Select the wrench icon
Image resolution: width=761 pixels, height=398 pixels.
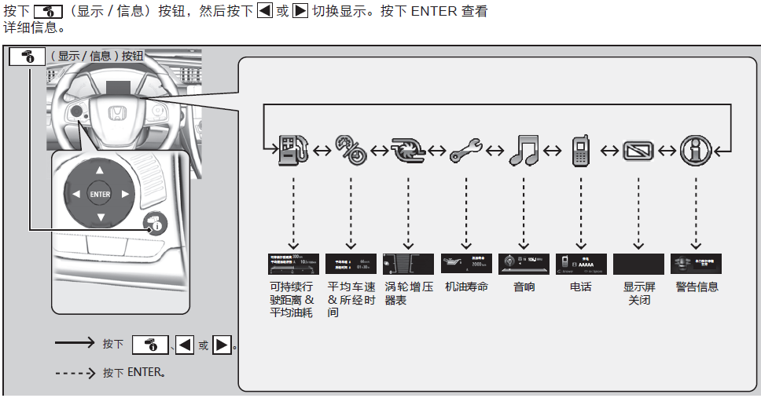[466, 150]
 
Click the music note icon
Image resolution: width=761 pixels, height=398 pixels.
[524, 150]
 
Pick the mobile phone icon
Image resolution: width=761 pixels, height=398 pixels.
[581, 150]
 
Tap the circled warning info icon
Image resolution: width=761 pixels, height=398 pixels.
[696, 149]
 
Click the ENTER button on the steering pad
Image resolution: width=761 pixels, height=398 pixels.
[100, 194]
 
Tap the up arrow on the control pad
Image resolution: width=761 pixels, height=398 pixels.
[100, 170]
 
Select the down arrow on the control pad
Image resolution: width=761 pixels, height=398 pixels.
[100, 217]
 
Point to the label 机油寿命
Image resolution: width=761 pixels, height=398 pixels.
[466, 287]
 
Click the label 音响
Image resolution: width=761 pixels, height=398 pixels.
[524, 287]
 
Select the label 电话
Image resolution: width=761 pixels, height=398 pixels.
[581, 287]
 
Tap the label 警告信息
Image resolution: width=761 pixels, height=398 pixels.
[697, 287]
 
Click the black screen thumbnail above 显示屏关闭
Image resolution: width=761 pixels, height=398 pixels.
[638, 264]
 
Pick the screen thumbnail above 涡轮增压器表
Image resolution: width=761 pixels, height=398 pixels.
[408, 264]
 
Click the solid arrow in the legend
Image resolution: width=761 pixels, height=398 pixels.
[75, 344]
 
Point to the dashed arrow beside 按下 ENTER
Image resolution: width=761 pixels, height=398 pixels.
[75, 372]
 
